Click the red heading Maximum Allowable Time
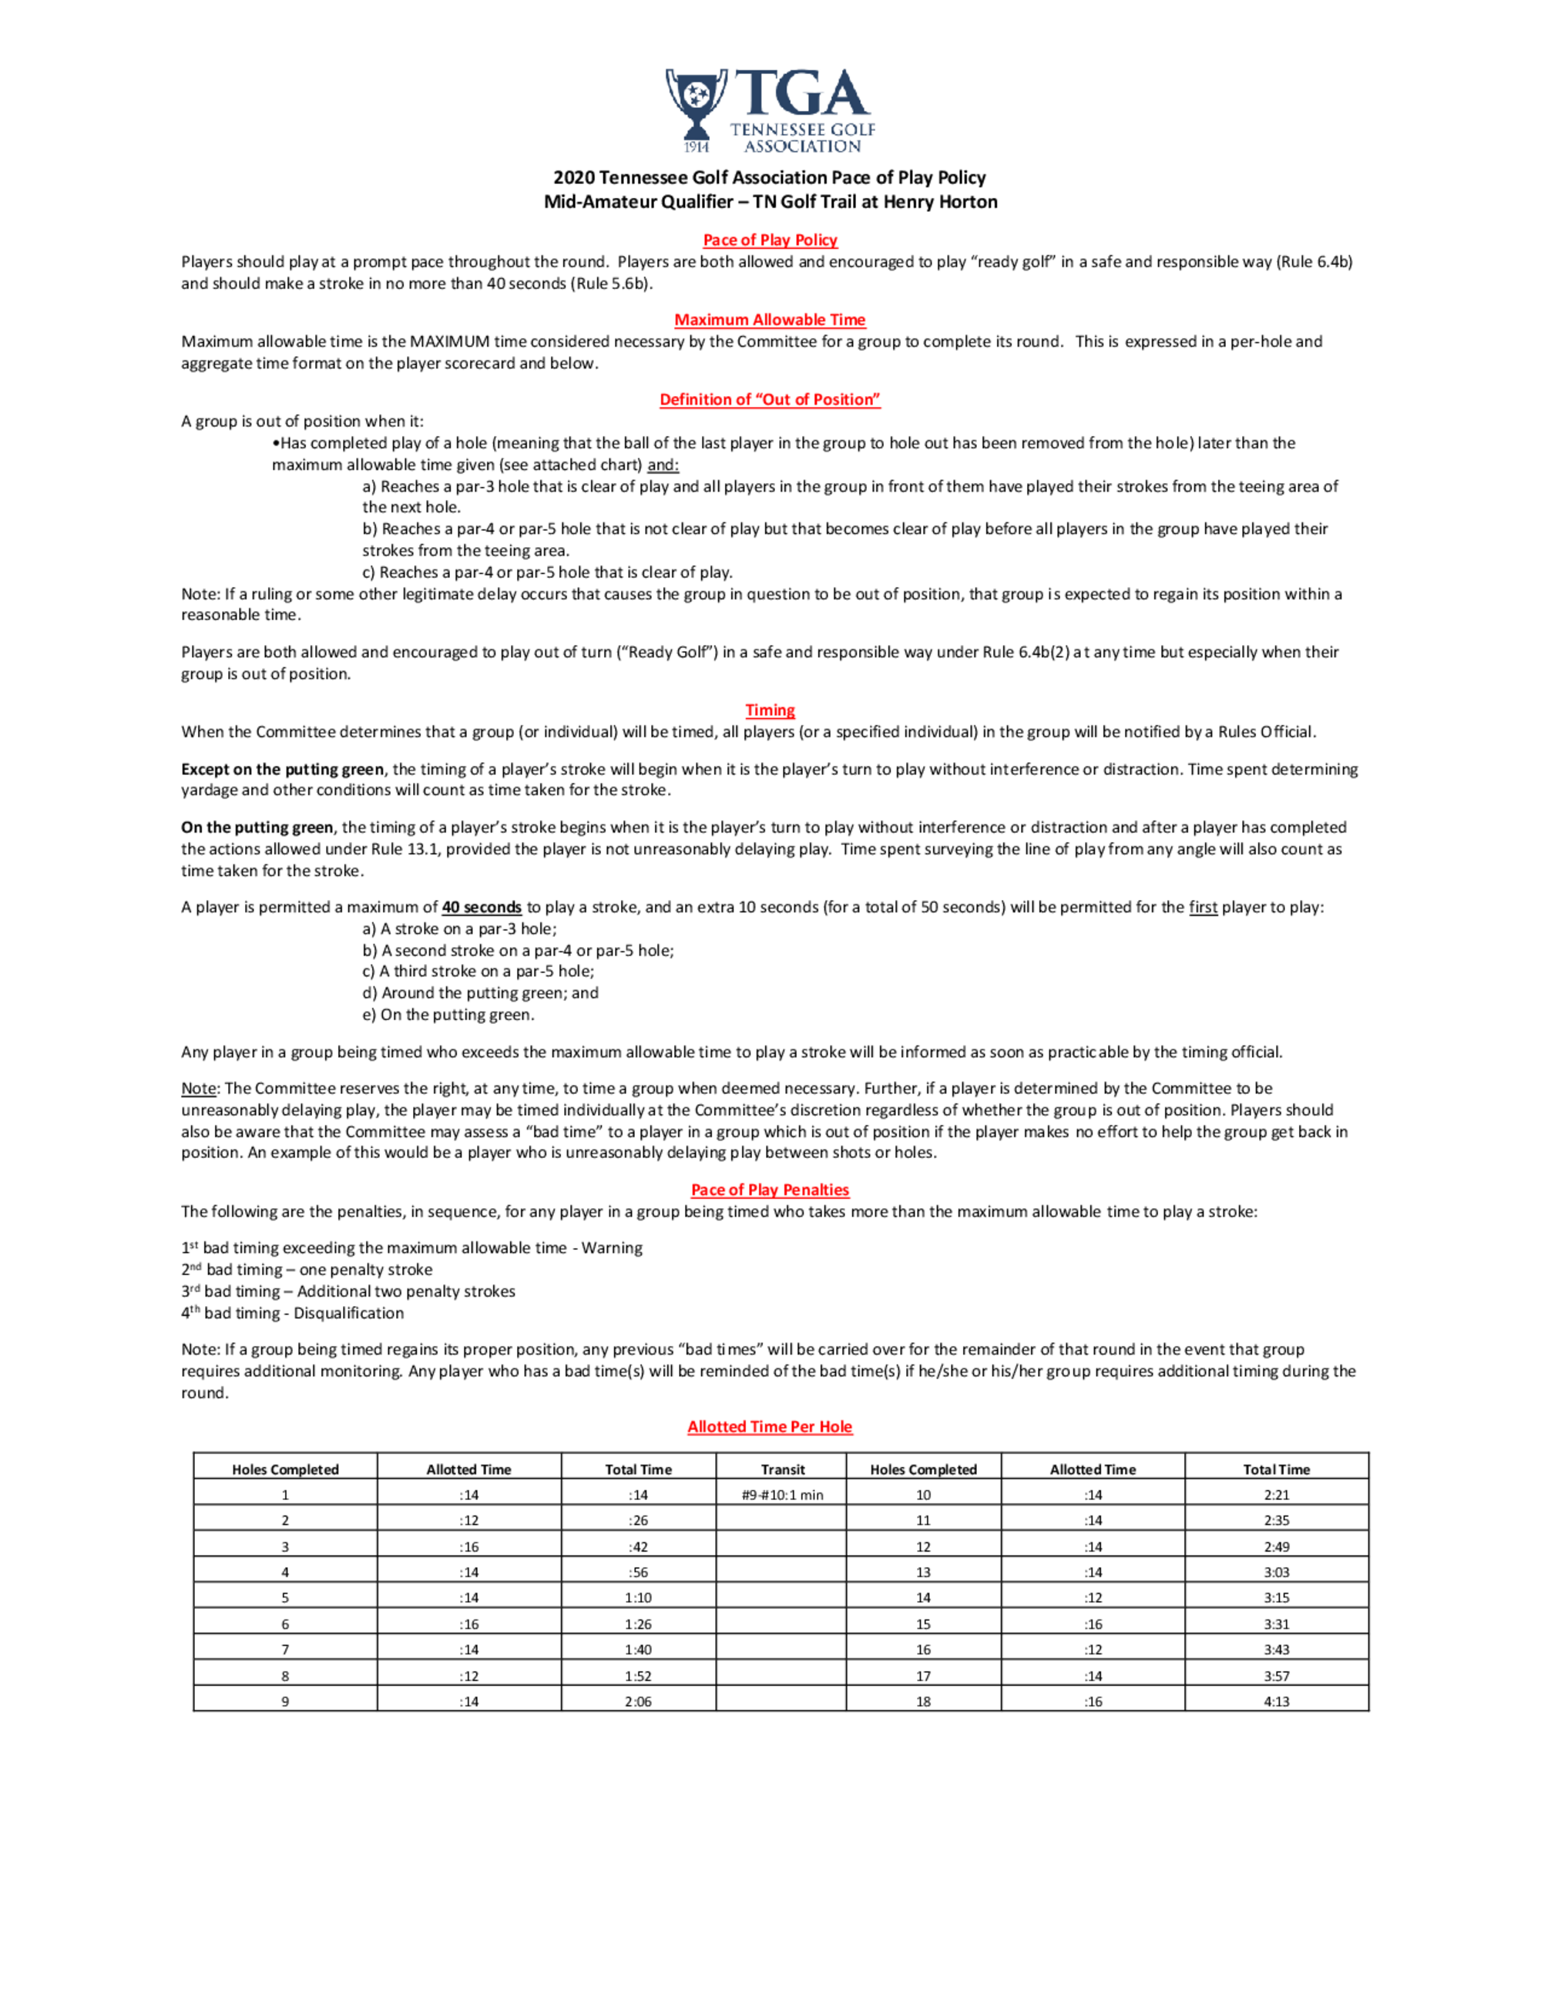770,320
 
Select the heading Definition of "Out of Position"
770,399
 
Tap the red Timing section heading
770,710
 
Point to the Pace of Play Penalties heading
770,1190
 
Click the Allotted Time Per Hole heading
770,1426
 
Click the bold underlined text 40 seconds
481,907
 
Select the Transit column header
782,1469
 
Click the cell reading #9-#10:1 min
782,1495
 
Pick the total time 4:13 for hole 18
1276,1701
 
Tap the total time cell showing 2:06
638,1701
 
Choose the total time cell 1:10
638,1598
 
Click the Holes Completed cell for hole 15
923,1624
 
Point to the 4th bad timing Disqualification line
292,1313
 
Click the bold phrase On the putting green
257,827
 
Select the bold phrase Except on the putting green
282,769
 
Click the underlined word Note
198,1088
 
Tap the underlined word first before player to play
1202,907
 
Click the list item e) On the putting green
448,1015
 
